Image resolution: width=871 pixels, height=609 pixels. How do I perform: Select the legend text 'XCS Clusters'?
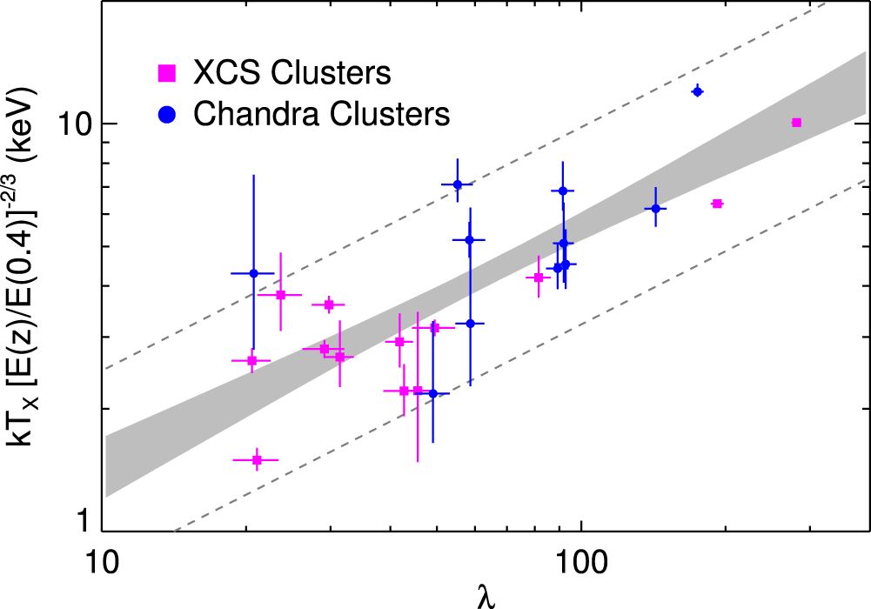[x=291, y=73]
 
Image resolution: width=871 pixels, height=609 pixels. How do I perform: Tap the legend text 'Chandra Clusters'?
[x=322, y=114]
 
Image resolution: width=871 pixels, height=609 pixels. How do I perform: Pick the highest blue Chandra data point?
[x=697, y=91]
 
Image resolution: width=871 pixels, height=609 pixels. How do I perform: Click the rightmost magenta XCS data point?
[x=796, y=123]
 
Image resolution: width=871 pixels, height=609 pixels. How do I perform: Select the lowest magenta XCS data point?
[x=257, y=459]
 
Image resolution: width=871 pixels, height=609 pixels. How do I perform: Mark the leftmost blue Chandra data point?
[x=253, y=273]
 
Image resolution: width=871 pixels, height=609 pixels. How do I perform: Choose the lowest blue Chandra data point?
[x=432, y=393]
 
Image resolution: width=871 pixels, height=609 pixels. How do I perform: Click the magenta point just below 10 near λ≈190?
[x=717, y=204]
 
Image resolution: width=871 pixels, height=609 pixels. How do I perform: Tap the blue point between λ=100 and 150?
[x=655, y=208]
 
